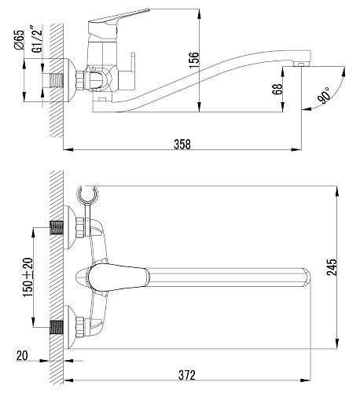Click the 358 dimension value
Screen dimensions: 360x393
coord(182,144)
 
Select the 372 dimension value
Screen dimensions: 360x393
coord(187,375)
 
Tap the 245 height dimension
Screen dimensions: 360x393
coord(332,267)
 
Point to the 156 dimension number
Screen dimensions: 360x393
coord(194,61)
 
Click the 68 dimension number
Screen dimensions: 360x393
coord(277,89)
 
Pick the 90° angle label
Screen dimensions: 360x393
coord(324,96)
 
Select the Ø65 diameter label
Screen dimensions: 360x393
coord(19,39)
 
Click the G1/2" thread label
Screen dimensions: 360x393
coord(36,39)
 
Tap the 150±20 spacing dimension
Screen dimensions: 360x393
coord(28,277)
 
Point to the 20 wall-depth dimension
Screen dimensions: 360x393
coord(22,355)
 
